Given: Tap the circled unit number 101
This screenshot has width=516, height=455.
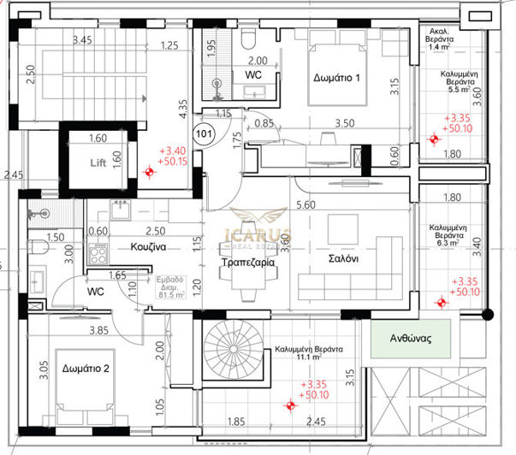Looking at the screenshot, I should click(204, 133).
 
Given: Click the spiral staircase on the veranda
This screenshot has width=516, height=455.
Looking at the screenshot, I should click(230, 351).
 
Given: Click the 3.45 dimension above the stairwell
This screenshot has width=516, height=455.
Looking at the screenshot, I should click(82, 40).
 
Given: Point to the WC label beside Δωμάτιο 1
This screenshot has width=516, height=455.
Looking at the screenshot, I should click(253, 75).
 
